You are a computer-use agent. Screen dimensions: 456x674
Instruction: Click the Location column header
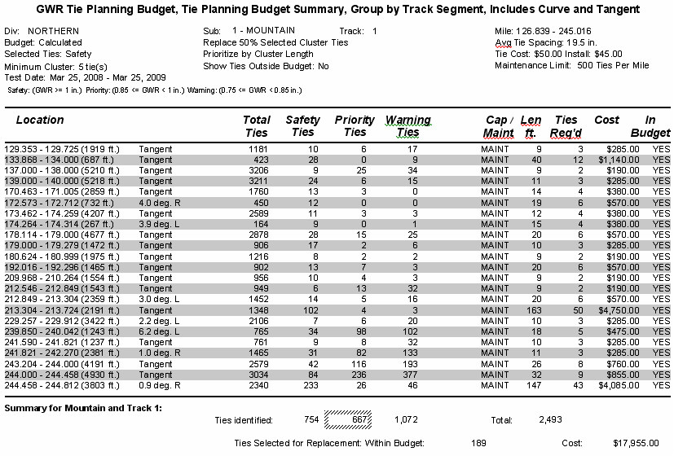click(40, 120)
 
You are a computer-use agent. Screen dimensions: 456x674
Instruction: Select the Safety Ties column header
click(302, 126)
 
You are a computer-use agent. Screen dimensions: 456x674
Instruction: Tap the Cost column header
click(606, 120)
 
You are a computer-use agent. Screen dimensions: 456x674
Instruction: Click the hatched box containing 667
click(348, 419)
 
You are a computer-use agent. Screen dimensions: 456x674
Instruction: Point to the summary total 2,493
click(551, 419)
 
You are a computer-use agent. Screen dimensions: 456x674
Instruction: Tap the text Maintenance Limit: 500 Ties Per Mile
click(572, 65)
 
